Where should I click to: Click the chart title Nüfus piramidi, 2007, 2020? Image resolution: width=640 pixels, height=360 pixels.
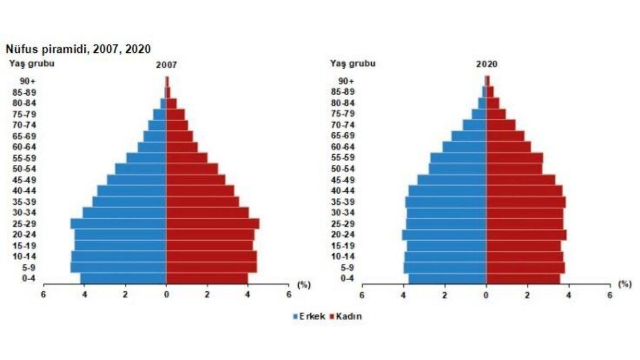tap(78, 49)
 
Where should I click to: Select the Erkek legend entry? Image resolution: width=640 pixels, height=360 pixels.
tap(309, 316)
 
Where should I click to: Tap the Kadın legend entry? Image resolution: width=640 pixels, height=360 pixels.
tap(346, 316)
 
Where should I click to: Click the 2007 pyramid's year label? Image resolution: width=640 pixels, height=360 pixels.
tap(166, 65)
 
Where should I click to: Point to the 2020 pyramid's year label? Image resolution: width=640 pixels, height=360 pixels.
tap(486, 65)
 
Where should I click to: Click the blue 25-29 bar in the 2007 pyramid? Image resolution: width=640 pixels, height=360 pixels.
tap(118, 223)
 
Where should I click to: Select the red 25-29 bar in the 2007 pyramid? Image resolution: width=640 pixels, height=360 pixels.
tap(212, 223)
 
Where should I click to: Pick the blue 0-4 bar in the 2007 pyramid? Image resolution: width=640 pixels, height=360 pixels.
tap(123, 278)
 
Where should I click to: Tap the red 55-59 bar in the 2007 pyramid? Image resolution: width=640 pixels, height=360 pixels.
tap(187, 158)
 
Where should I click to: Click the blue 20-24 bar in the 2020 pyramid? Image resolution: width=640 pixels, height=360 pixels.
tap(444, 235)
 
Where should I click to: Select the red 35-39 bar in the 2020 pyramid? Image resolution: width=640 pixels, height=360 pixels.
tap(525, 202)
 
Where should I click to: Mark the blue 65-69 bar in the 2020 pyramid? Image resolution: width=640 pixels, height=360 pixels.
tap(469, 136)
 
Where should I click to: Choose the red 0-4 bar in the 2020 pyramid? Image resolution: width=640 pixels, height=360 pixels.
tap(523, 278)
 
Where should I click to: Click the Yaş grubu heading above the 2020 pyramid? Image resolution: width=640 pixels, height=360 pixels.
tap(353, 64)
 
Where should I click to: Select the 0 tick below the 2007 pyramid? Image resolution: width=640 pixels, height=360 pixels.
tap(166, 294)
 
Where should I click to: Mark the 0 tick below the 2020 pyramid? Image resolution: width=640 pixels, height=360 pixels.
tap(486, 294)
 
